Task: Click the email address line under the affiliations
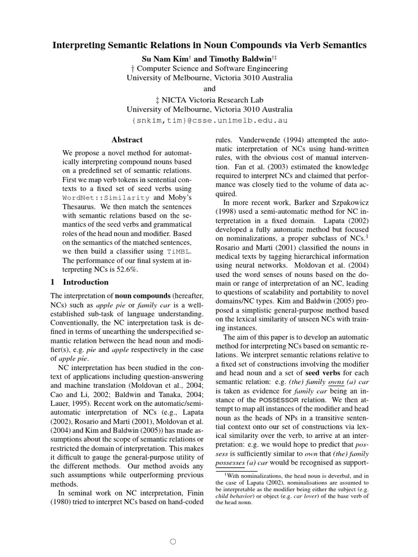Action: (210, 120)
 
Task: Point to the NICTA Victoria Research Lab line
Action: (210, 100)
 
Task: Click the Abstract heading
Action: (127, 140)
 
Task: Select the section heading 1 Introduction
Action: (79, 282)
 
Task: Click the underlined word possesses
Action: (231, 461)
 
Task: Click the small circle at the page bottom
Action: (173, 542)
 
